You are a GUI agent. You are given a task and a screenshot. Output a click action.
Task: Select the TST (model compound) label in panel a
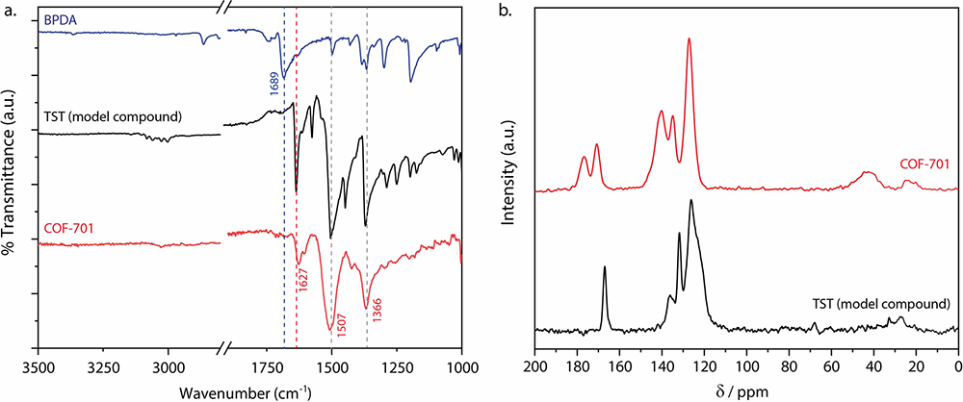pyautogui.click(x=113, y=117)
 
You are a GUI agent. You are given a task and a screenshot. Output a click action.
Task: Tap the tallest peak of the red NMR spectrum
pyautogui.click(x=690, y=39)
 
